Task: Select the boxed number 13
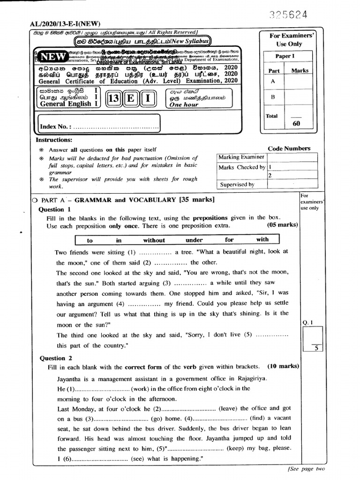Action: click(114, 100)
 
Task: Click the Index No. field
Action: click(98, 127)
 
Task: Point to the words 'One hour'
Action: click(184, 105)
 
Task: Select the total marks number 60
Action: click(296, 124)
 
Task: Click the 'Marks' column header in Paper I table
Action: click(300, 70)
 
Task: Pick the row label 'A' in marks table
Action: click(272, 81)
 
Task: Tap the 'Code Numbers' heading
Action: click(289, 149)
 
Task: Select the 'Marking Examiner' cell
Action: click(241, 157)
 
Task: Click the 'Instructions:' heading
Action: click(54, 140)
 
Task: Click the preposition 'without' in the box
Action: click(154, 240)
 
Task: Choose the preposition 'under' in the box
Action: click(194, 240)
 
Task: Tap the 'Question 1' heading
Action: click(54, 210)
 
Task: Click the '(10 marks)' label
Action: click(283, 367)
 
